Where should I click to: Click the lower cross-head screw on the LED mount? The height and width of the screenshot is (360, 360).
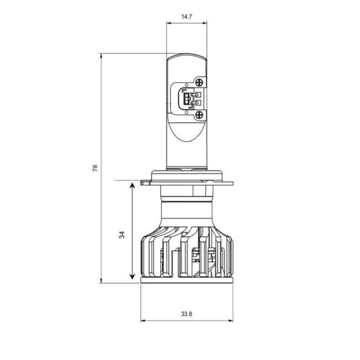point(199,114)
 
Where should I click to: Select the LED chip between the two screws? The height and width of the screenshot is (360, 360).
point(190,99)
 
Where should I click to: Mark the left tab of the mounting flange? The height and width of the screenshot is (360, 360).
point(145,181)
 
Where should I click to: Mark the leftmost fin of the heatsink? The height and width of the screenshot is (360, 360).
point(144,258)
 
